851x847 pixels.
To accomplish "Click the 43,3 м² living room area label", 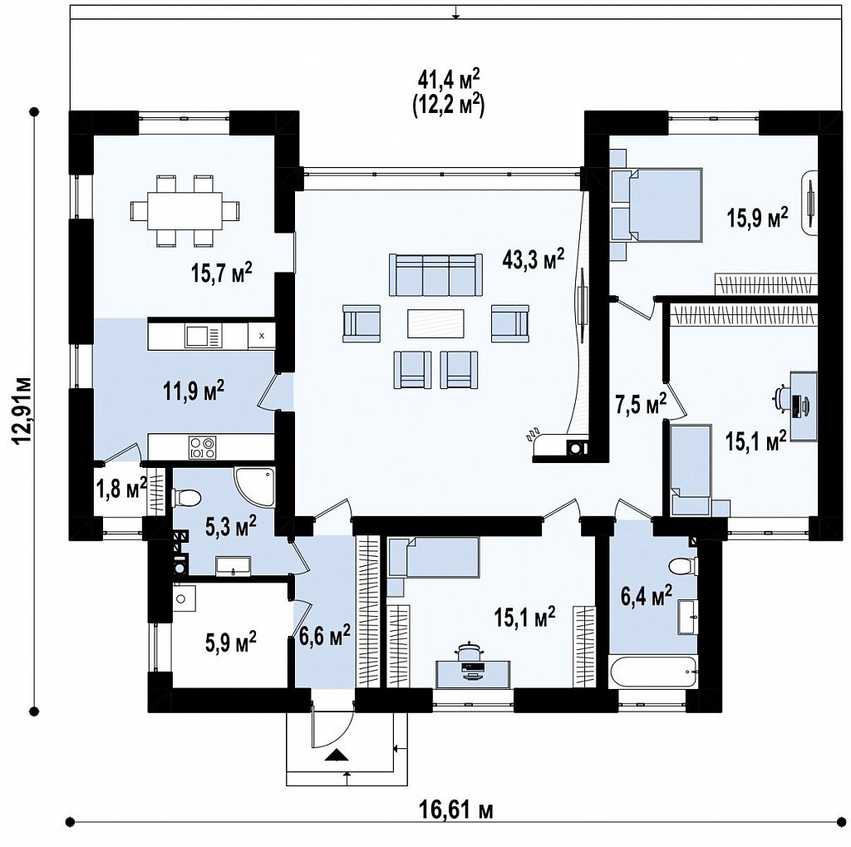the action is (x=533, y=259).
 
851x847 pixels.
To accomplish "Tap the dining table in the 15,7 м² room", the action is (x=184, y=210).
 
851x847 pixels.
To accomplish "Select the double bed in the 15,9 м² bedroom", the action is (x=665, y=204).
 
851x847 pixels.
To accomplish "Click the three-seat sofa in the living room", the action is (x=435, y=275).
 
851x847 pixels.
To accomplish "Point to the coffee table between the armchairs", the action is (x=435, y=323).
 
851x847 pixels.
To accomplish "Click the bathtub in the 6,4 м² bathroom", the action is (x=653, y=672).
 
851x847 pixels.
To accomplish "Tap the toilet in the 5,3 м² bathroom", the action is (x=185, y=497).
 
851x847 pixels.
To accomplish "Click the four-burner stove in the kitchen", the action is (x=203, y=447).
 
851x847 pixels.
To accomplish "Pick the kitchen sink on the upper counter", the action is (x=203, y=336).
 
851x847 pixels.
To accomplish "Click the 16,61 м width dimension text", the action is (x=456, y=810).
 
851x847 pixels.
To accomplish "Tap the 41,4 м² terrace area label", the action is (x=449, y=79).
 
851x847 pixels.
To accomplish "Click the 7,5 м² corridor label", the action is (x=641, y=404).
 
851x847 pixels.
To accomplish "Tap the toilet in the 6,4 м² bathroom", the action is (x=683, y=566).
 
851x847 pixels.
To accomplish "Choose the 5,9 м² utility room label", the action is (x=231, y=643).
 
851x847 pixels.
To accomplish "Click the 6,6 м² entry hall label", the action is (x=325, y=634).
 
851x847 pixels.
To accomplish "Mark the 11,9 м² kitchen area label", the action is (x=194, y=391).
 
